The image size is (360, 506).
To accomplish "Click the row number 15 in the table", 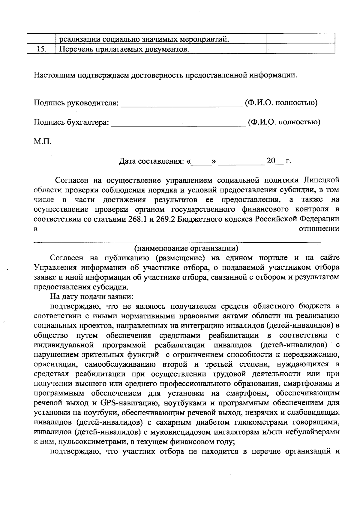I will point(41,49).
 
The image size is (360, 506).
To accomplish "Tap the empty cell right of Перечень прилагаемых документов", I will point(300,49).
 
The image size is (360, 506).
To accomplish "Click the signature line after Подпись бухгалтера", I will point(178,124).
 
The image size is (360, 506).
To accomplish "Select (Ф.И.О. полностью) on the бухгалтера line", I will point(284,122).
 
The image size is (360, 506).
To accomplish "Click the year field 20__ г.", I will point(278,161).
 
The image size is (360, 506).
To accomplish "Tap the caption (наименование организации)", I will point(186,248).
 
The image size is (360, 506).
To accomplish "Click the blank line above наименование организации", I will point(177,241).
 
